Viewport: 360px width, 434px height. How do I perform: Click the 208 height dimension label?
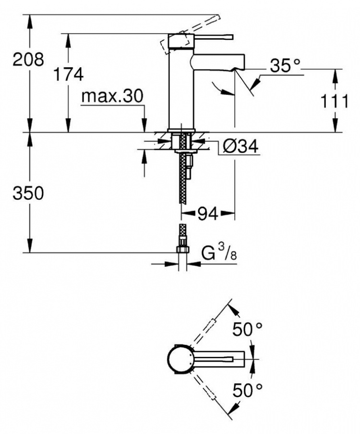coord(28,59)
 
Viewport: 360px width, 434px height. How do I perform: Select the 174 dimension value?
coord(68,74)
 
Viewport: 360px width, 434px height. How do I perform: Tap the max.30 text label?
coord(112,96)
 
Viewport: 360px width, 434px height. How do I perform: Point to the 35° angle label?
coord(285,65)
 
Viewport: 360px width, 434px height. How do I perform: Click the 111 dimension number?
coord(334,101)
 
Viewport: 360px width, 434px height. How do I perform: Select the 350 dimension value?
coord(28,193)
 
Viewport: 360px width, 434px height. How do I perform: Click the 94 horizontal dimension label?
coord(207,213)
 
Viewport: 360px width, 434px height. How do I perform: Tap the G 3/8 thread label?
coord(219,252)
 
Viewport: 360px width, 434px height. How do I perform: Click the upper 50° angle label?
coord(247,329)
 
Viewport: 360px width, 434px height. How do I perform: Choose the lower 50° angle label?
coord(247,390)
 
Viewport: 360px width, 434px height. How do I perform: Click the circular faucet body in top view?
coord(179,359)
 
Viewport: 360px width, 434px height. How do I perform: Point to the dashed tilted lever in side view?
coord(191,34)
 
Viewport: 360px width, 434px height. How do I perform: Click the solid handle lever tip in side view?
coord(232,37)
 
